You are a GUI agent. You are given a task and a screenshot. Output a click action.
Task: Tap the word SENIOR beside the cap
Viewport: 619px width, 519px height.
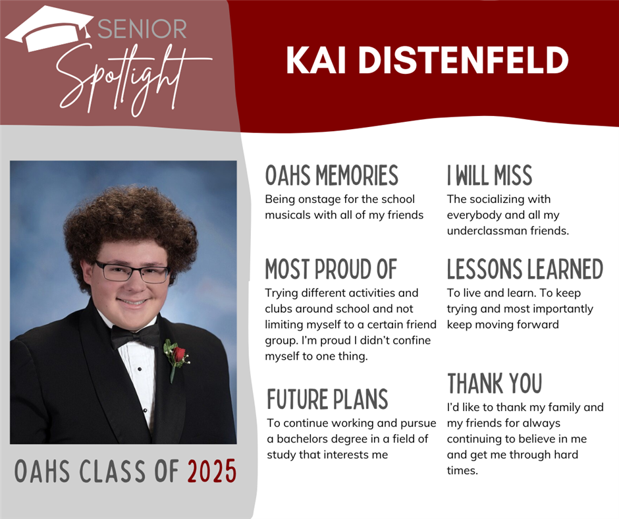click(142, 29)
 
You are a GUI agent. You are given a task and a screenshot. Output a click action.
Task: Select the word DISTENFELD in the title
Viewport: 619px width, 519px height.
click(463, 60)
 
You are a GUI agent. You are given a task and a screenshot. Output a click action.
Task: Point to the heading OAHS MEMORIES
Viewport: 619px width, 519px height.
click(331, 175)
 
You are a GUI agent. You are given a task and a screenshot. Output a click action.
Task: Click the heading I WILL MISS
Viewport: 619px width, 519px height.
click(489, 175)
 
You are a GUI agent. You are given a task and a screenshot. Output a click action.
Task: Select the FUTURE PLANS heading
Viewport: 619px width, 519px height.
click(327, 399)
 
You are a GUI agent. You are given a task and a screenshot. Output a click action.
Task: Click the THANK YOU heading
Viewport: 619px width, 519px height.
click(495, 383)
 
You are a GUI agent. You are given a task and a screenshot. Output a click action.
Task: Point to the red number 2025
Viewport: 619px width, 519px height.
click(212, 471)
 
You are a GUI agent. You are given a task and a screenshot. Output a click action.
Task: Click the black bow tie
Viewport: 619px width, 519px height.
click(135, 336)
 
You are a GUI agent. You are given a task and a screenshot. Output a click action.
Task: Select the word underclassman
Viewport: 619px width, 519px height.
click(487, 231)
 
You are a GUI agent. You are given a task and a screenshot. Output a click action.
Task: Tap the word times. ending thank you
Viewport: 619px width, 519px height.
click(462, 470)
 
